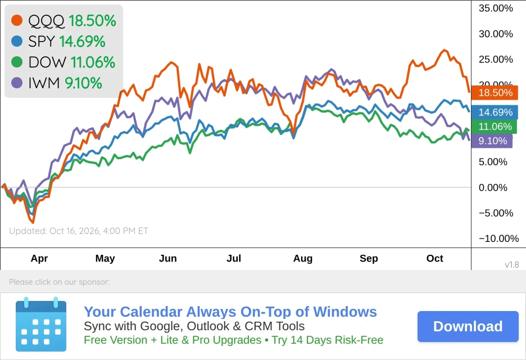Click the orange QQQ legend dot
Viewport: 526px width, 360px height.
(17, 20)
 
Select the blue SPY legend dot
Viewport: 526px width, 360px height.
(17, 41)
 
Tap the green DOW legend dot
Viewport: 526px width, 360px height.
(17, 62)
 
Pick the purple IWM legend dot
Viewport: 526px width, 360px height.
(17, 83)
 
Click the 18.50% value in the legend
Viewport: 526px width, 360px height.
(92, 20)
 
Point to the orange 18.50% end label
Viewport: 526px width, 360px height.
(495, 93)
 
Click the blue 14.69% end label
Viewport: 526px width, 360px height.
(495, 112)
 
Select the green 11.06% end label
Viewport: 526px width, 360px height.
(494, 127)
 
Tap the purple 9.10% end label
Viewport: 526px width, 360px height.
(492, 141)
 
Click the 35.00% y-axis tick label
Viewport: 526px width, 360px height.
(496, 8)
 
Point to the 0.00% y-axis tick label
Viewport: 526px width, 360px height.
(493, 187)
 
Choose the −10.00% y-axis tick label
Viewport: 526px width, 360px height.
(498, 238)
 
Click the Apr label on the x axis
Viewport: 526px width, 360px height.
(39, 259)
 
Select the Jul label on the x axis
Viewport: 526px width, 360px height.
(234, 258)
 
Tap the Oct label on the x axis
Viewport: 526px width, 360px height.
(435, 258)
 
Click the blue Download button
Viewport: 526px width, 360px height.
(468, 326)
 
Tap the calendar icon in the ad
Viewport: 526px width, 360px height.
(41, 324)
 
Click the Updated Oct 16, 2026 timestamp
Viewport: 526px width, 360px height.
(79, 231)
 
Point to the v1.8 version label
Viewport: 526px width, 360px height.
(512, 265)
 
